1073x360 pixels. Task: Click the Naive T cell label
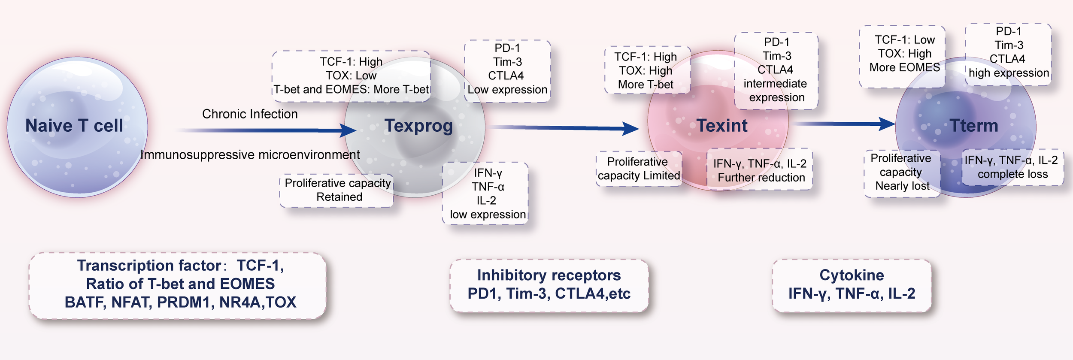(x=74, y=126)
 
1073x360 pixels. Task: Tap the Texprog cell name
(x=418, y=126)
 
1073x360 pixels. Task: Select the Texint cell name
(x=722, y=126)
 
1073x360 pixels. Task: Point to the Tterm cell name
(x=973, y=126)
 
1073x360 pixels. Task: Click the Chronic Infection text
(x=250, y=114)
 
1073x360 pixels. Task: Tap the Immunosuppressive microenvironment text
(x=250, y=155)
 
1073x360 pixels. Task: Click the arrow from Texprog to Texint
(x=562, y=127)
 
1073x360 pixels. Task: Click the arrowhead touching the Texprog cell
(x=348, y=130)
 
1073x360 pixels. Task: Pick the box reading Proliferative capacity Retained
(x=337, y=190)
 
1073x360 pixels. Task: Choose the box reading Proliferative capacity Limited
(x=639, y=169)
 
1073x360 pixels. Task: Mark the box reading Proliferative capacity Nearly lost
(x=902, y=172)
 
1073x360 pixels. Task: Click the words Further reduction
(x=761, y=178)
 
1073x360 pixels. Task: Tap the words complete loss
(x=1012, y=174)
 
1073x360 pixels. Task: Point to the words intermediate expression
(x=776, y=91)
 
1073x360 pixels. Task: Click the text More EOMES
(x=904, y=67)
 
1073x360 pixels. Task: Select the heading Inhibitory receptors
(x=549, y=275)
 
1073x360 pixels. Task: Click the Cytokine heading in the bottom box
(x=852, y=275)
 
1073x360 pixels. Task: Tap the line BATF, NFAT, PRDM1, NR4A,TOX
(x=180, y=302)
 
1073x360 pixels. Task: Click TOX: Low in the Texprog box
(x=351, y=76)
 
